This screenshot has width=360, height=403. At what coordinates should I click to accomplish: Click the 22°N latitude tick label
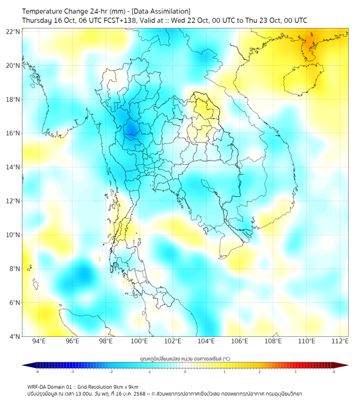click(13, 31)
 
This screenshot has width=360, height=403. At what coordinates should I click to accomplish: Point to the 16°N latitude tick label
click(13, 133)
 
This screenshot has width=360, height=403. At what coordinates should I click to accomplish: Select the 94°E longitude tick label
click(39, 342)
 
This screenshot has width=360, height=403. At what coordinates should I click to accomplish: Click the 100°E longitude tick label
click(140, 342)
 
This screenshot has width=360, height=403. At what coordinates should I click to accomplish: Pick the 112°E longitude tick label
click(340, 342)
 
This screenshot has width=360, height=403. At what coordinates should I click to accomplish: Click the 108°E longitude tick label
click(273, 342)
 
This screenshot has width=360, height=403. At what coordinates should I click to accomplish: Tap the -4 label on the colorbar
click(36, 372)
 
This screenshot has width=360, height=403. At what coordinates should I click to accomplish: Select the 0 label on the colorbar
click(185, 372)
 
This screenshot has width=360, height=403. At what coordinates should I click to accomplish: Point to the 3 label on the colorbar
click(295, 372)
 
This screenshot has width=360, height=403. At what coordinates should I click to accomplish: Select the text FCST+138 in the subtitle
click(124, 20)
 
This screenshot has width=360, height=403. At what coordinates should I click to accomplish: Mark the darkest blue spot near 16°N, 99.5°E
click(130, 130)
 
